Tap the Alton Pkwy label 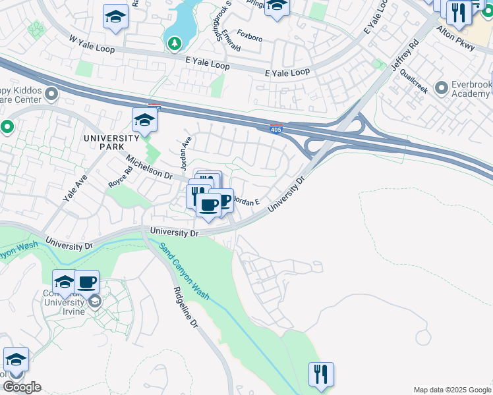tap(457, 47)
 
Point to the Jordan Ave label tap(185, 152)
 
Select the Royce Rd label tap(121, 178)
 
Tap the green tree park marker tap(174, 43)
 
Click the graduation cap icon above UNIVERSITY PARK tap(144, 120)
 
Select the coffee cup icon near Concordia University tap(87, 282)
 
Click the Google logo tap(21, 386)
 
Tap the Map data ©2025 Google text tap(451, 390)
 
